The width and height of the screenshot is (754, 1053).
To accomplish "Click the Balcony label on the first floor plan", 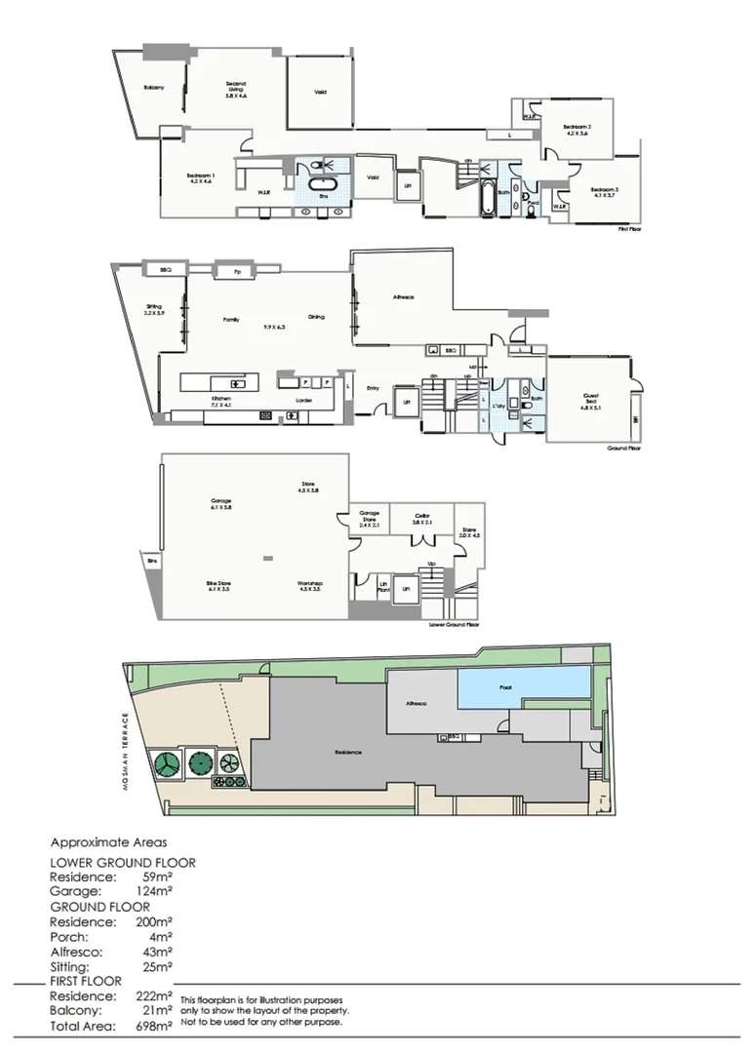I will click(153, 89).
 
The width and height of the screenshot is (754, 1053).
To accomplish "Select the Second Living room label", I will click(236, 89).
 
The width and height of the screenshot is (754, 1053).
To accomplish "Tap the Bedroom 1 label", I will click(201, 177).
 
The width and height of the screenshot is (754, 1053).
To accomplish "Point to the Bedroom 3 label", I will click(604, 192).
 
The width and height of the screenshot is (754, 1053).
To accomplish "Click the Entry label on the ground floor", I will click(373, 388).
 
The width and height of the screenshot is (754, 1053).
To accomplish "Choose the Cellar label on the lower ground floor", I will click(421, 519).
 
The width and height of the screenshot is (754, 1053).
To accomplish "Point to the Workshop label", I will click(310, 586).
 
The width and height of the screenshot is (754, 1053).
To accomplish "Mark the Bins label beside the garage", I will click(152, 563).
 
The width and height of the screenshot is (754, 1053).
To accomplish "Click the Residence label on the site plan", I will click(348, 752).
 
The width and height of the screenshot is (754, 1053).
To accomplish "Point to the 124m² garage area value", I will click(156, 890).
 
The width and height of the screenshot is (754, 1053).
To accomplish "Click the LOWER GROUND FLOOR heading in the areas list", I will click(122, 862).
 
